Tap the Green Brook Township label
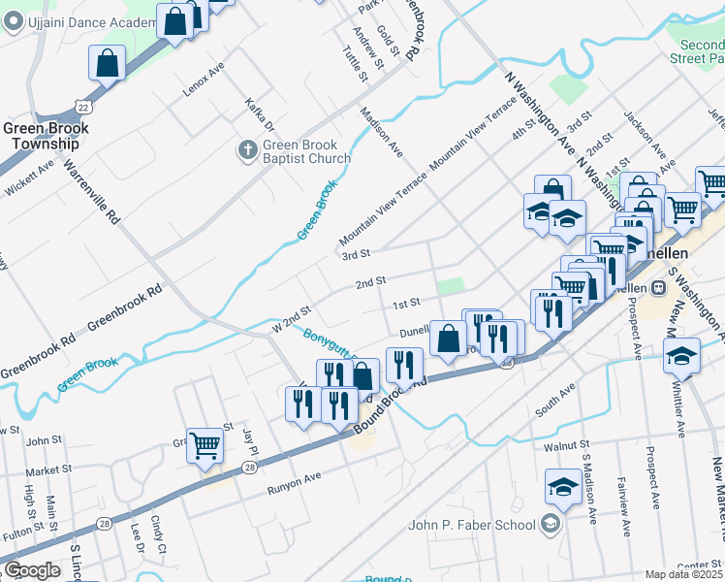click(46, 136)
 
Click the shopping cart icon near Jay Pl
click(205, 446)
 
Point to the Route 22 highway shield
click(83, 106)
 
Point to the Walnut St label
click(567, 445)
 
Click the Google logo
click(32, 570)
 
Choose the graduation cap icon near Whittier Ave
click(681, 355)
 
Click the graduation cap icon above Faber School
click(563, 486)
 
